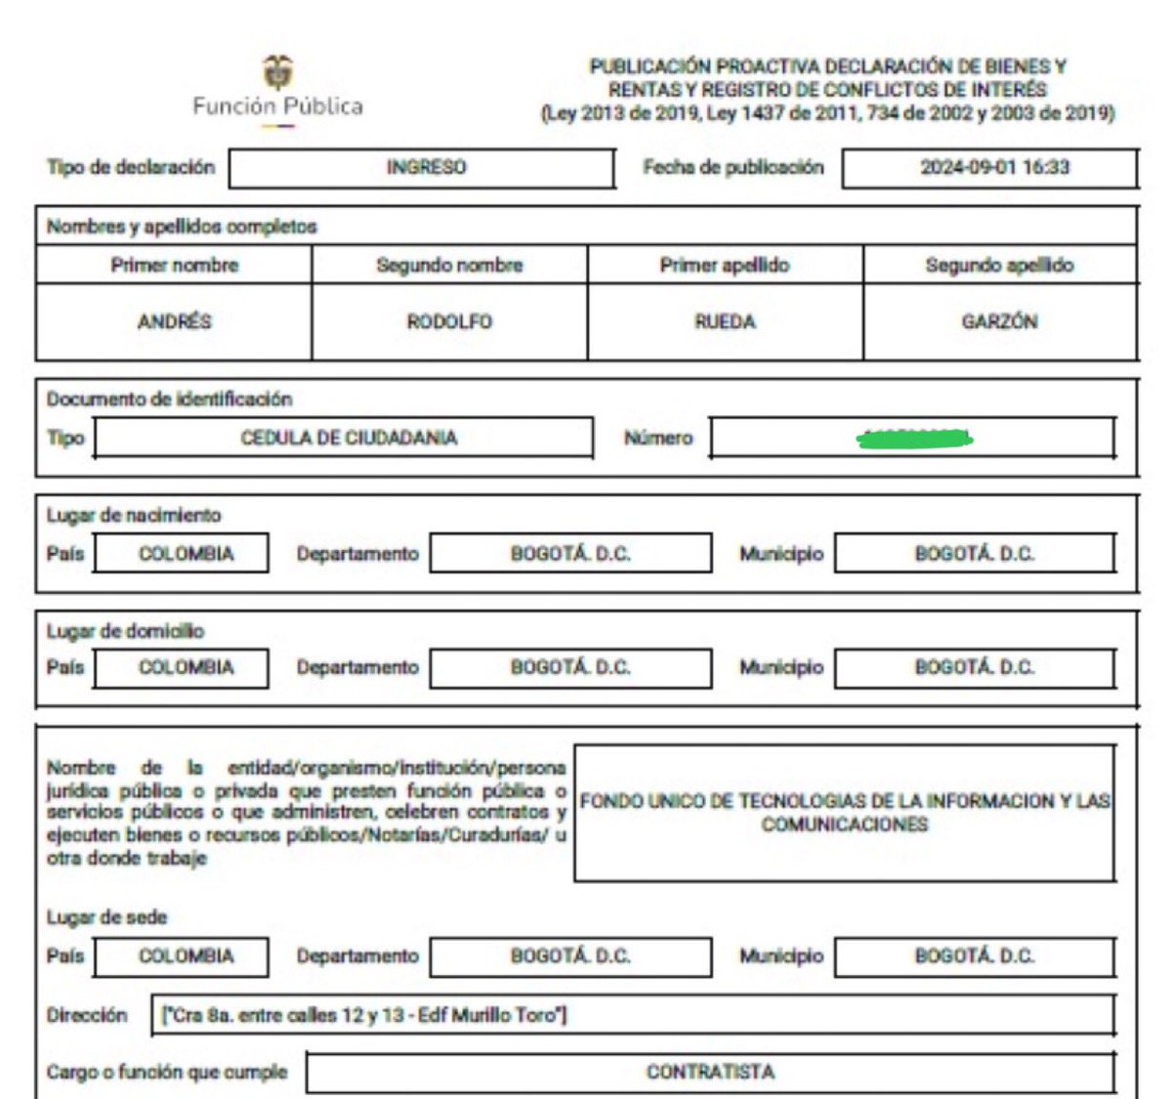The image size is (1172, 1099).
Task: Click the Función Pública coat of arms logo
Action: click(x=277, y=73)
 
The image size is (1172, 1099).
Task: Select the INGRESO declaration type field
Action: click(x=426, y=167)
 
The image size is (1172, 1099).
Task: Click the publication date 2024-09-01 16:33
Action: click(x=994, y=167)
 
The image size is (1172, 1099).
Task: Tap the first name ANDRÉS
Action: click(x=174, y=321)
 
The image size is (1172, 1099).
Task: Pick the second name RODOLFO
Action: click(x=449, y=321)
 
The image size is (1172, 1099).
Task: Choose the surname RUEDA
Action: click(x=725, y=321)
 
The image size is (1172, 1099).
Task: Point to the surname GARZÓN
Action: click(x=999, y=321)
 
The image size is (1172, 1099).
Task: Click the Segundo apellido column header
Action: click(x=999, y=265)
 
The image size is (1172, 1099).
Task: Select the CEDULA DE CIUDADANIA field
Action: click(x=349, y=438)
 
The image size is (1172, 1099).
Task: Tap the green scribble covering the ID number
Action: click(x=913, y=439)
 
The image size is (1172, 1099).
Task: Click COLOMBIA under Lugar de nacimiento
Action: click(x=186, y=554)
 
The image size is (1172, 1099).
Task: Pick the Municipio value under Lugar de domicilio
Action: click(x=974, y=667)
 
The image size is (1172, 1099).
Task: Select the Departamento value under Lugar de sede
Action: click(x=570, y=955)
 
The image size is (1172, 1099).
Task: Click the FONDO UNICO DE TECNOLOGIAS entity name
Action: click(x=845, y=812)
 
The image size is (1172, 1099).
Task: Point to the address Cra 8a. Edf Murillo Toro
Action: click(x=364, y=1015)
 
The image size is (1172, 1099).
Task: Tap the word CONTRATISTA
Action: click(x=710, y=1072)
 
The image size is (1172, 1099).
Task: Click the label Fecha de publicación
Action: click(x=732, y=167)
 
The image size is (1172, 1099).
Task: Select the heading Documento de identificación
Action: click(x=169, y=399)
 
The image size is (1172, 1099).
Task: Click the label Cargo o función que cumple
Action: click(x=167, y=1072)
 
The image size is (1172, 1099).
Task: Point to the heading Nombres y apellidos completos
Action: click(x=182, y=227)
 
